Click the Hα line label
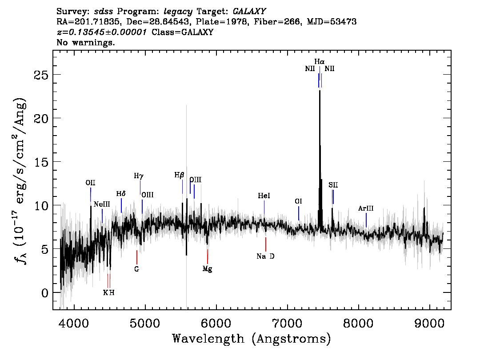(319, 61)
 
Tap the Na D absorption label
(265, 256)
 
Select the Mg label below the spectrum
(207, 269)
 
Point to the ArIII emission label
(366, 208)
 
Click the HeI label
(264, 196)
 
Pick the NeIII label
(102, 204)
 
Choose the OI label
(298, 201)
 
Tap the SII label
(333, 185)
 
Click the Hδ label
(121, 194)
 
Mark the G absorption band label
(136, 269)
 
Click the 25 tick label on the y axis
(41, 75)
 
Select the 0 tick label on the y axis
(45, 293)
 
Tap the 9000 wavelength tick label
(429, 324)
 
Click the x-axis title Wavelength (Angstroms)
(252, 339)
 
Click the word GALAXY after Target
(249, 12)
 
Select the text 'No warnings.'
(85, 42)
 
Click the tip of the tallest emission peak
(320, 91)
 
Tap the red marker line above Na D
(265, 244)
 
